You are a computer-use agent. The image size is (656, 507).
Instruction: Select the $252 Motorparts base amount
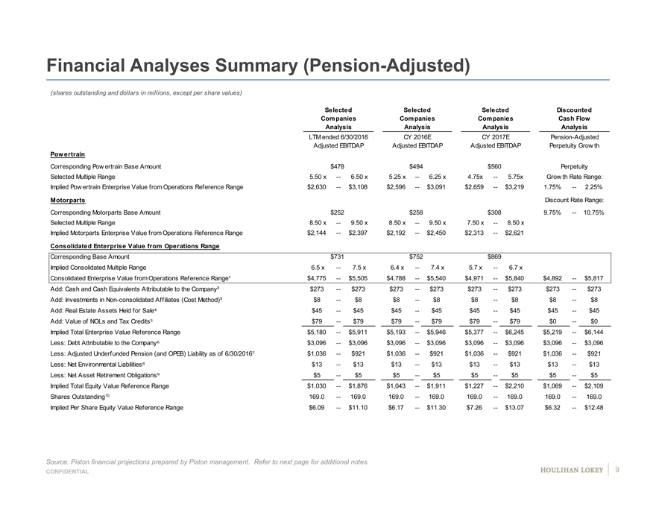(x=337, y=212)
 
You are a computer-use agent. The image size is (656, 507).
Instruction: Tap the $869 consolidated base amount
(x=493, y=256)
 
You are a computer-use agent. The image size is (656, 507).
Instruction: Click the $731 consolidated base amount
(x=337, y=256)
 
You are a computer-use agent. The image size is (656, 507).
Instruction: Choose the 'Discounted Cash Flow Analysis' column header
(x=573, y=119)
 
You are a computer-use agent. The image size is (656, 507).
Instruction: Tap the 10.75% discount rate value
(x=594, y=212)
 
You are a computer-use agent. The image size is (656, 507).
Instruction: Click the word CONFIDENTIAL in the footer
(x=69, y=473)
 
